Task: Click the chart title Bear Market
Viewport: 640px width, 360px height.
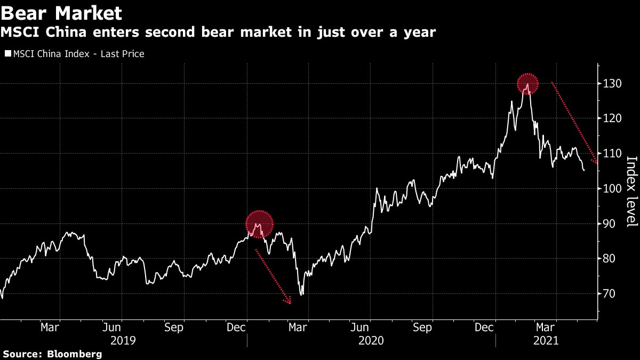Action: [x=61, y=12]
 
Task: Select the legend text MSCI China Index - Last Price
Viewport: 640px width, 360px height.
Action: [x=78, y=54]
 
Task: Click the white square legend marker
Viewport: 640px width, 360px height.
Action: [x=7, y=54]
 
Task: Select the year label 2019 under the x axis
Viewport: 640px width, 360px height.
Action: [x=124, y=340]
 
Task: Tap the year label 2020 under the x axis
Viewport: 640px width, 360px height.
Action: [x=371, y=340]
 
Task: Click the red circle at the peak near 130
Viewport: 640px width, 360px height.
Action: [x=527, y=84]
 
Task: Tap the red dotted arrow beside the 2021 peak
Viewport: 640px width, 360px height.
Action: [x=574, y=123]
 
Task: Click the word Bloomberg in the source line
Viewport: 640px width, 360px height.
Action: [x=75, y=354]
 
